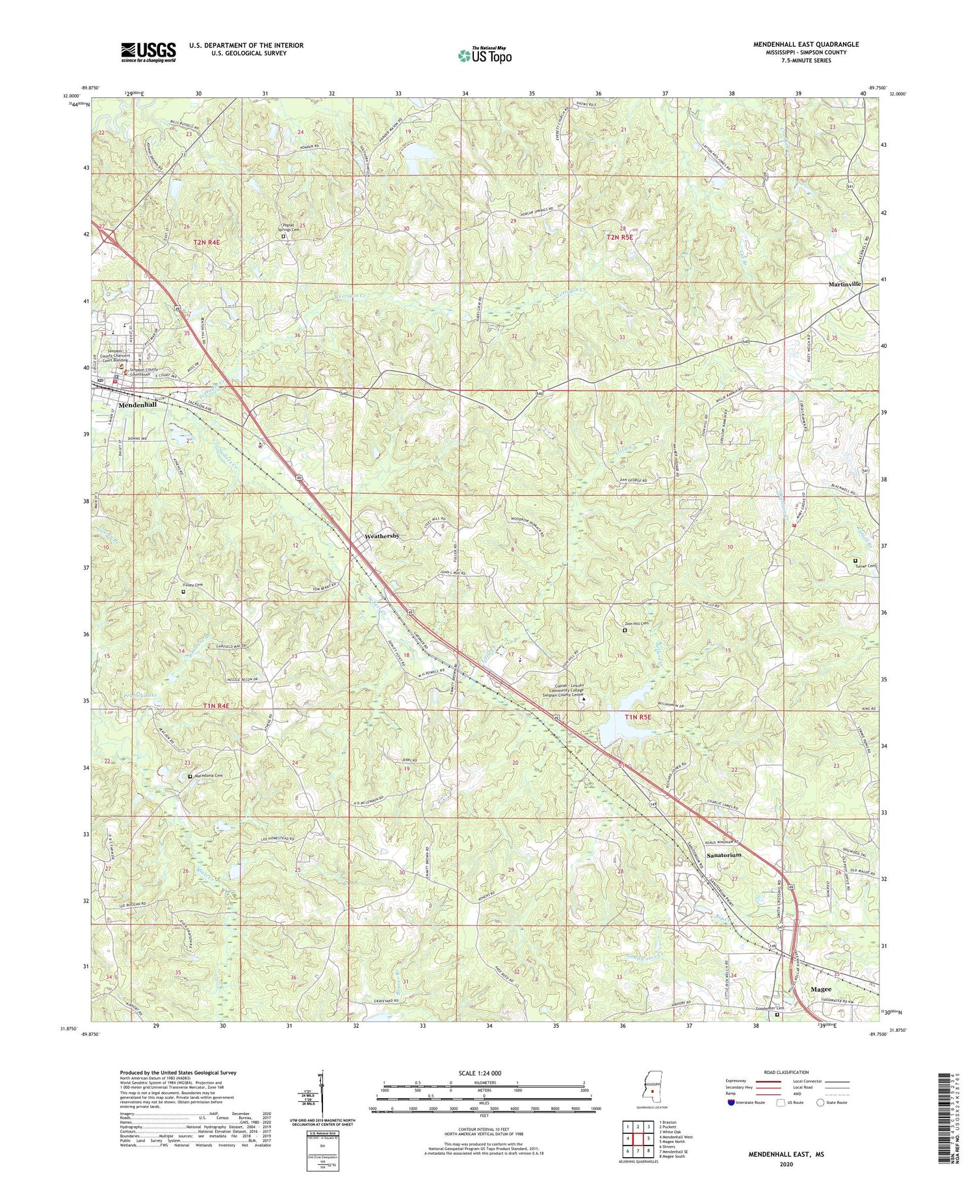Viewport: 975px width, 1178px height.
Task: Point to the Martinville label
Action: pos(844,284)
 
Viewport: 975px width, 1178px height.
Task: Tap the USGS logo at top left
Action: pos(148,52)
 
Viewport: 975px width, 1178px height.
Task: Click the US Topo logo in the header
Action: pos(484,55)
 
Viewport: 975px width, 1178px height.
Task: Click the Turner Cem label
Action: pos(865,566)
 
